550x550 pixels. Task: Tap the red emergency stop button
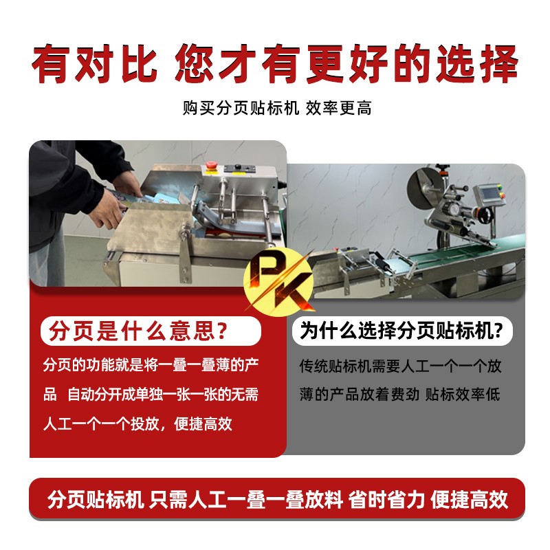[210, 166]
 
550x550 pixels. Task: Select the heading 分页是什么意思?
[138, 331]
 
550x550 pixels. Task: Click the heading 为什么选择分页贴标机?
[401, 331]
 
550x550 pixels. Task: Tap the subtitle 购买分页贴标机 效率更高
[277, 108]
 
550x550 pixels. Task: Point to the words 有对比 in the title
[94, 64]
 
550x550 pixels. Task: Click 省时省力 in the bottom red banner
[386, 499]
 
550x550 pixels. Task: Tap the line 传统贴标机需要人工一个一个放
[400, 366]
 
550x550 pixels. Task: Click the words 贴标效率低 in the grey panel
[463, 394]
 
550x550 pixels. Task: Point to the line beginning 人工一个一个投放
[137, 423]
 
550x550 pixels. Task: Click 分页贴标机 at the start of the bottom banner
[96, 499]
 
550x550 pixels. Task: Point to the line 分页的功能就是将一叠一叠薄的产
[151, 365]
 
